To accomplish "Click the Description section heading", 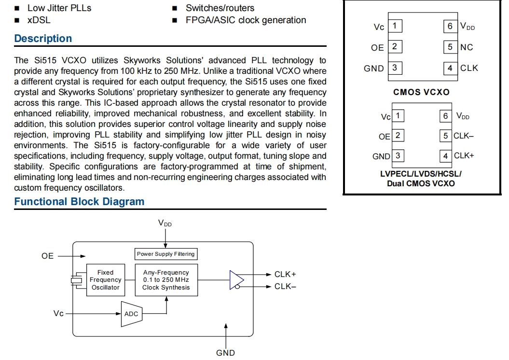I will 43,39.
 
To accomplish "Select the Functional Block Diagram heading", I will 79,202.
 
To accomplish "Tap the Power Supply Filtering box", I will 165,254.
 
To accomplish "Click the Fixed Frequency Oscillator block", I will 105,280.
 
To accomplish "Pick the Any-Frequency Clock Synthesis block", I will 166,280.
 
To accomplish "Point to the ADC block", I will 131,314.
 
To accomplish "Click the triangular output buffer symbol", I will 236,280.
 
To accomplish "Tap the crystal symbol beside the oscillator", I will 76,280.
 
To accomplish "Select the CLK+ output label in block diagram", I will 285,274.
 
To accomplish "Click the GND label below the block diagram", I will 225,353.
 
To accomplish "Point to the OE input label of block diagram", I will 48,256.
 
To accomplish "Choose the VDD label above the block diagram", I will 165,223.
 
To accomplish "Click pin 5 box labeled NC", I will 450,47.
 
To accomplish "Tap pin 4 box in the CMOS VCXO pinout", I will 450,68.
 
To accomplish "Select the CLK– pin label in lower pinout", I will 464,136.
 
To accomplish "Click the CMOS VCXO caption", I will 421,92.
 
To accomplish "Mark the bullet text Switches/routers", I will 220,8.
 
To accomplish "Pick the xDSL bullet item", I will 39,20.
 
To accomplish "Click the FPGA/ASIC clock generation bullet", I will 246,20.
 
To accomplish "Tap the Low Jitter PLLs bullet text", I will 59,8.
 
